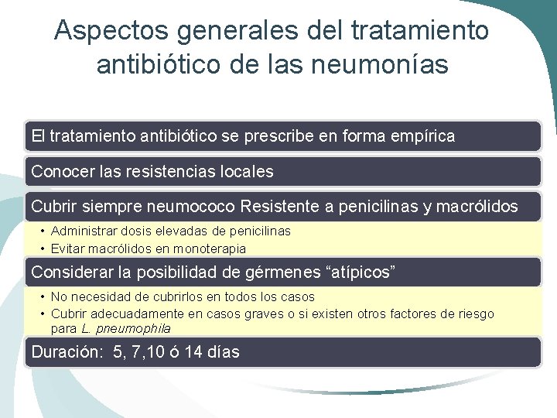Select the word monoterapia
[210, 248]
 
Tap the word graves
[266, 313]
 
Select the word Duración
[66, 352]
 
